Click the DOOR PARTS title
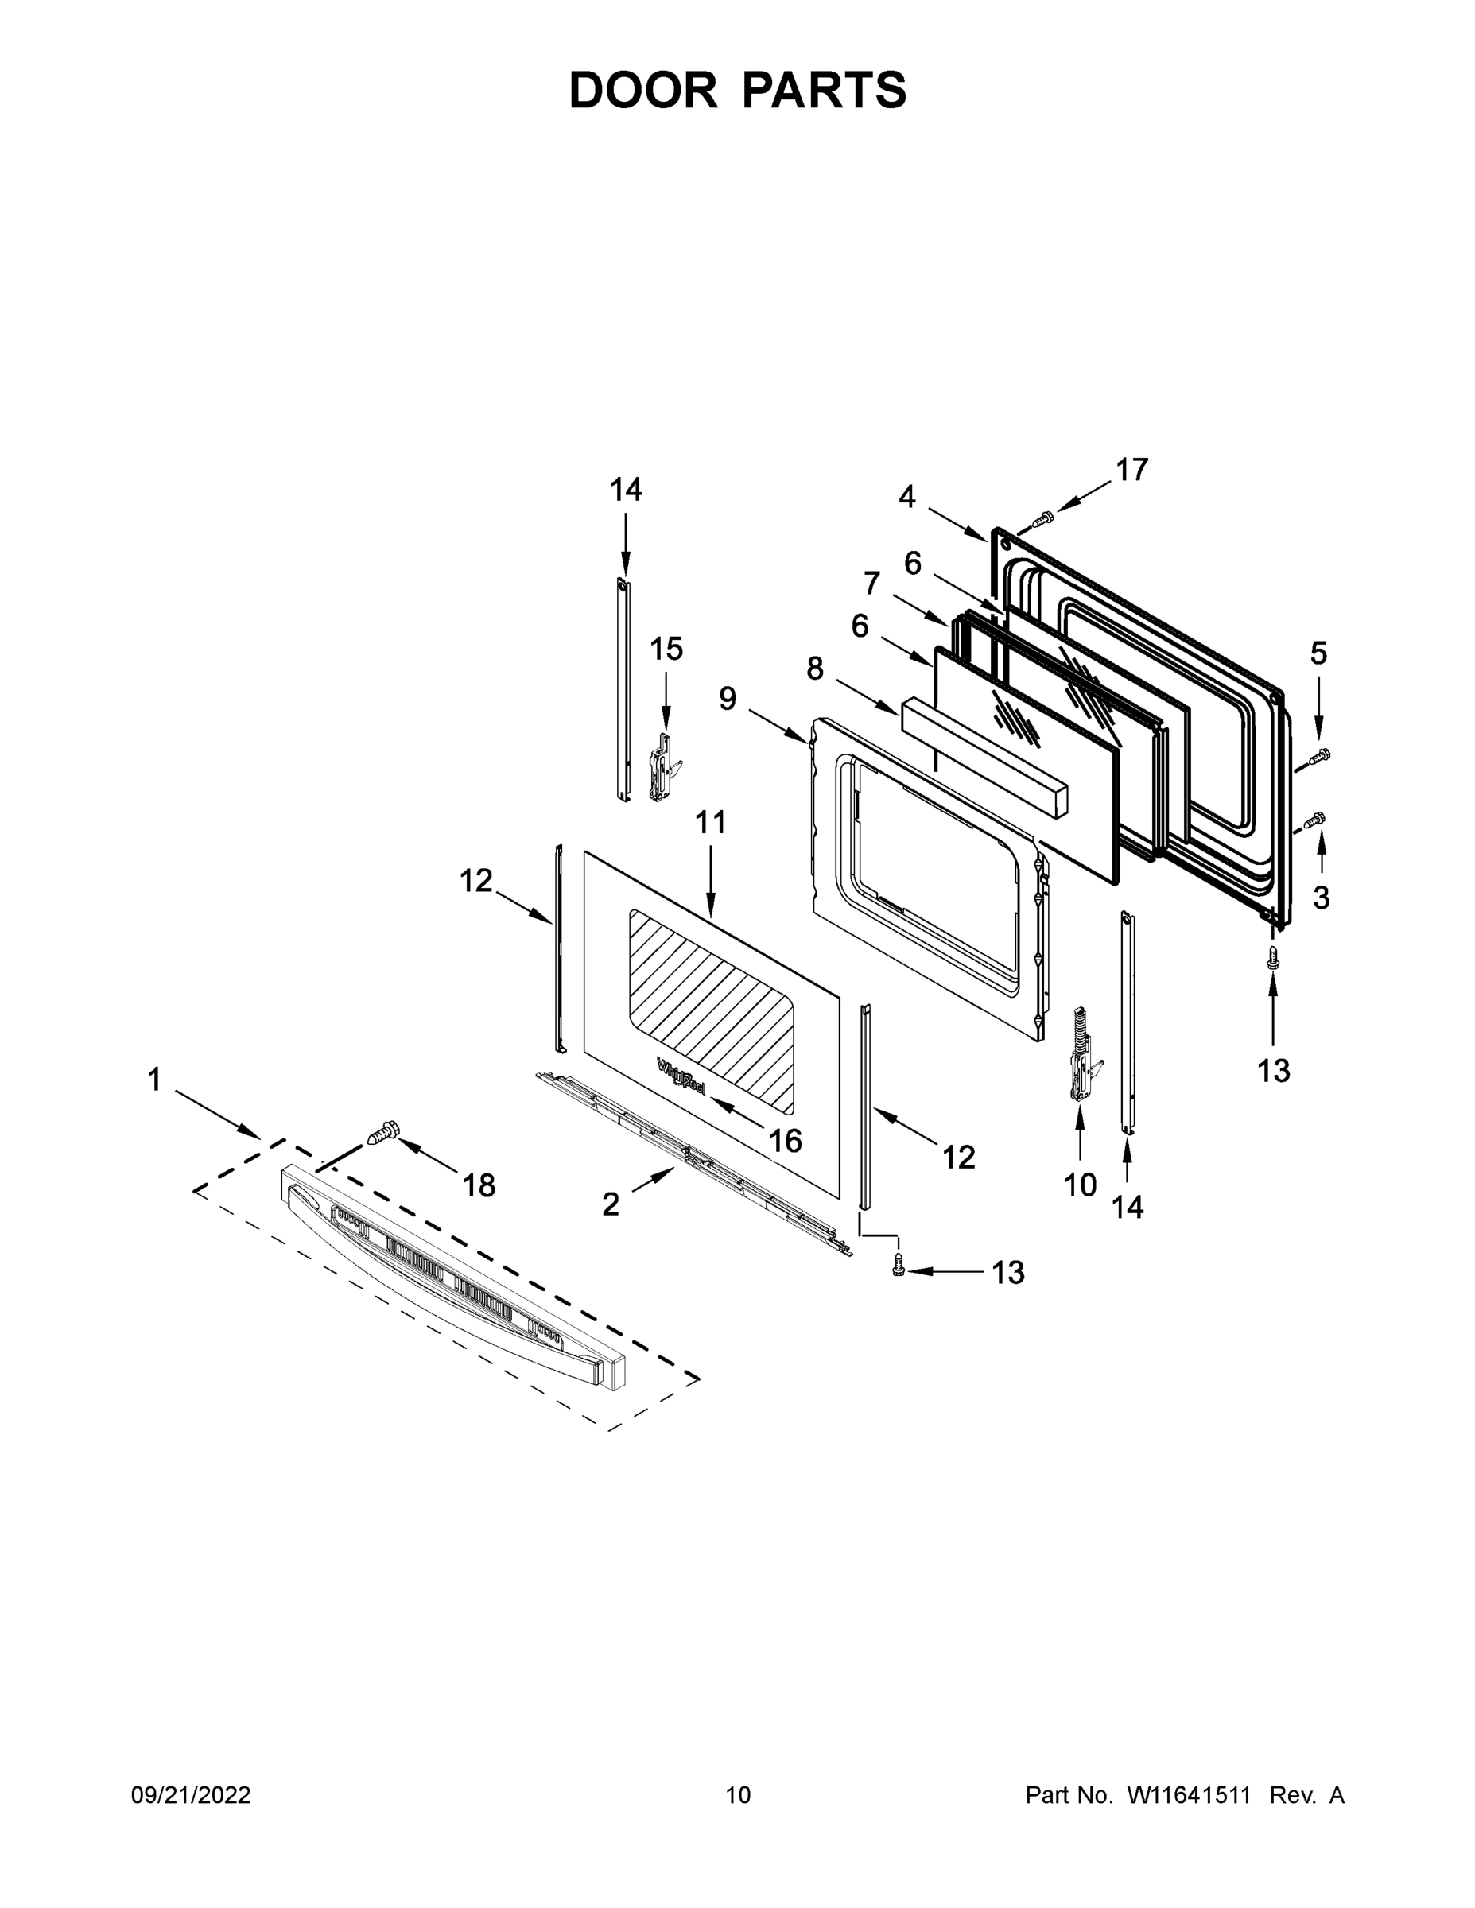click(x=738, y=90)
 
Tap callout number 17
click(x=1131, y=470)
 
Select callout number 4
click(x=907, y=496)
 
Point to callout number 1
click(x=155, y=1080)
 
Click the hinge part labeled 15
click(x=664, y=768)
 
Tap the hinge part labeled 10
click(x=1081, y=1060)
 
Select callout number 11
click(x=710, y=822)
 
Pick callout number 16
click(x=786, y=1139)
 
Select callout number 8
click(x=814, y=669)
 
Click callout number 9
click(x=727, y=698)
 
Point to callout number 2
click(x=611, y=1204)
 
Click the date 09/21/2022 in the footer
click(x=191, y=1794)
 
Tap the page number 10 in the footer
click(x=738, y=1794)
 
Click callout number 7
click(x=871, y=582)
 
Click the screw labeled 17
click(x=1042, y=519)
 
